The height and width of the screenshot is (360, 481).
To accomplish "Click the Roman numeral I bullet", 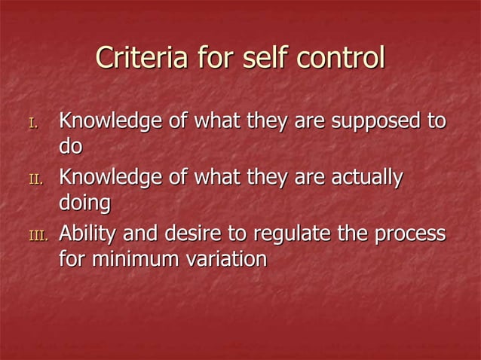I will pyautogui.click(x=32, y=123).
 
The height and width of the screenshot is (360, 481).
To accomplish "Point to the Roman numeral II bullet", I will pyautogui.click(x=35, y=180).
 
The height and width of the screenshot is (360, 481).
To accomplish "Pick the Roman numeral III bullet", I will pyautogui.click(x=37, y=236).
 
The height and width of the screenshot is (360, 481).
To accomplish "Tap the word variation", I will pyautogui.click(x=225, y=259).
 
